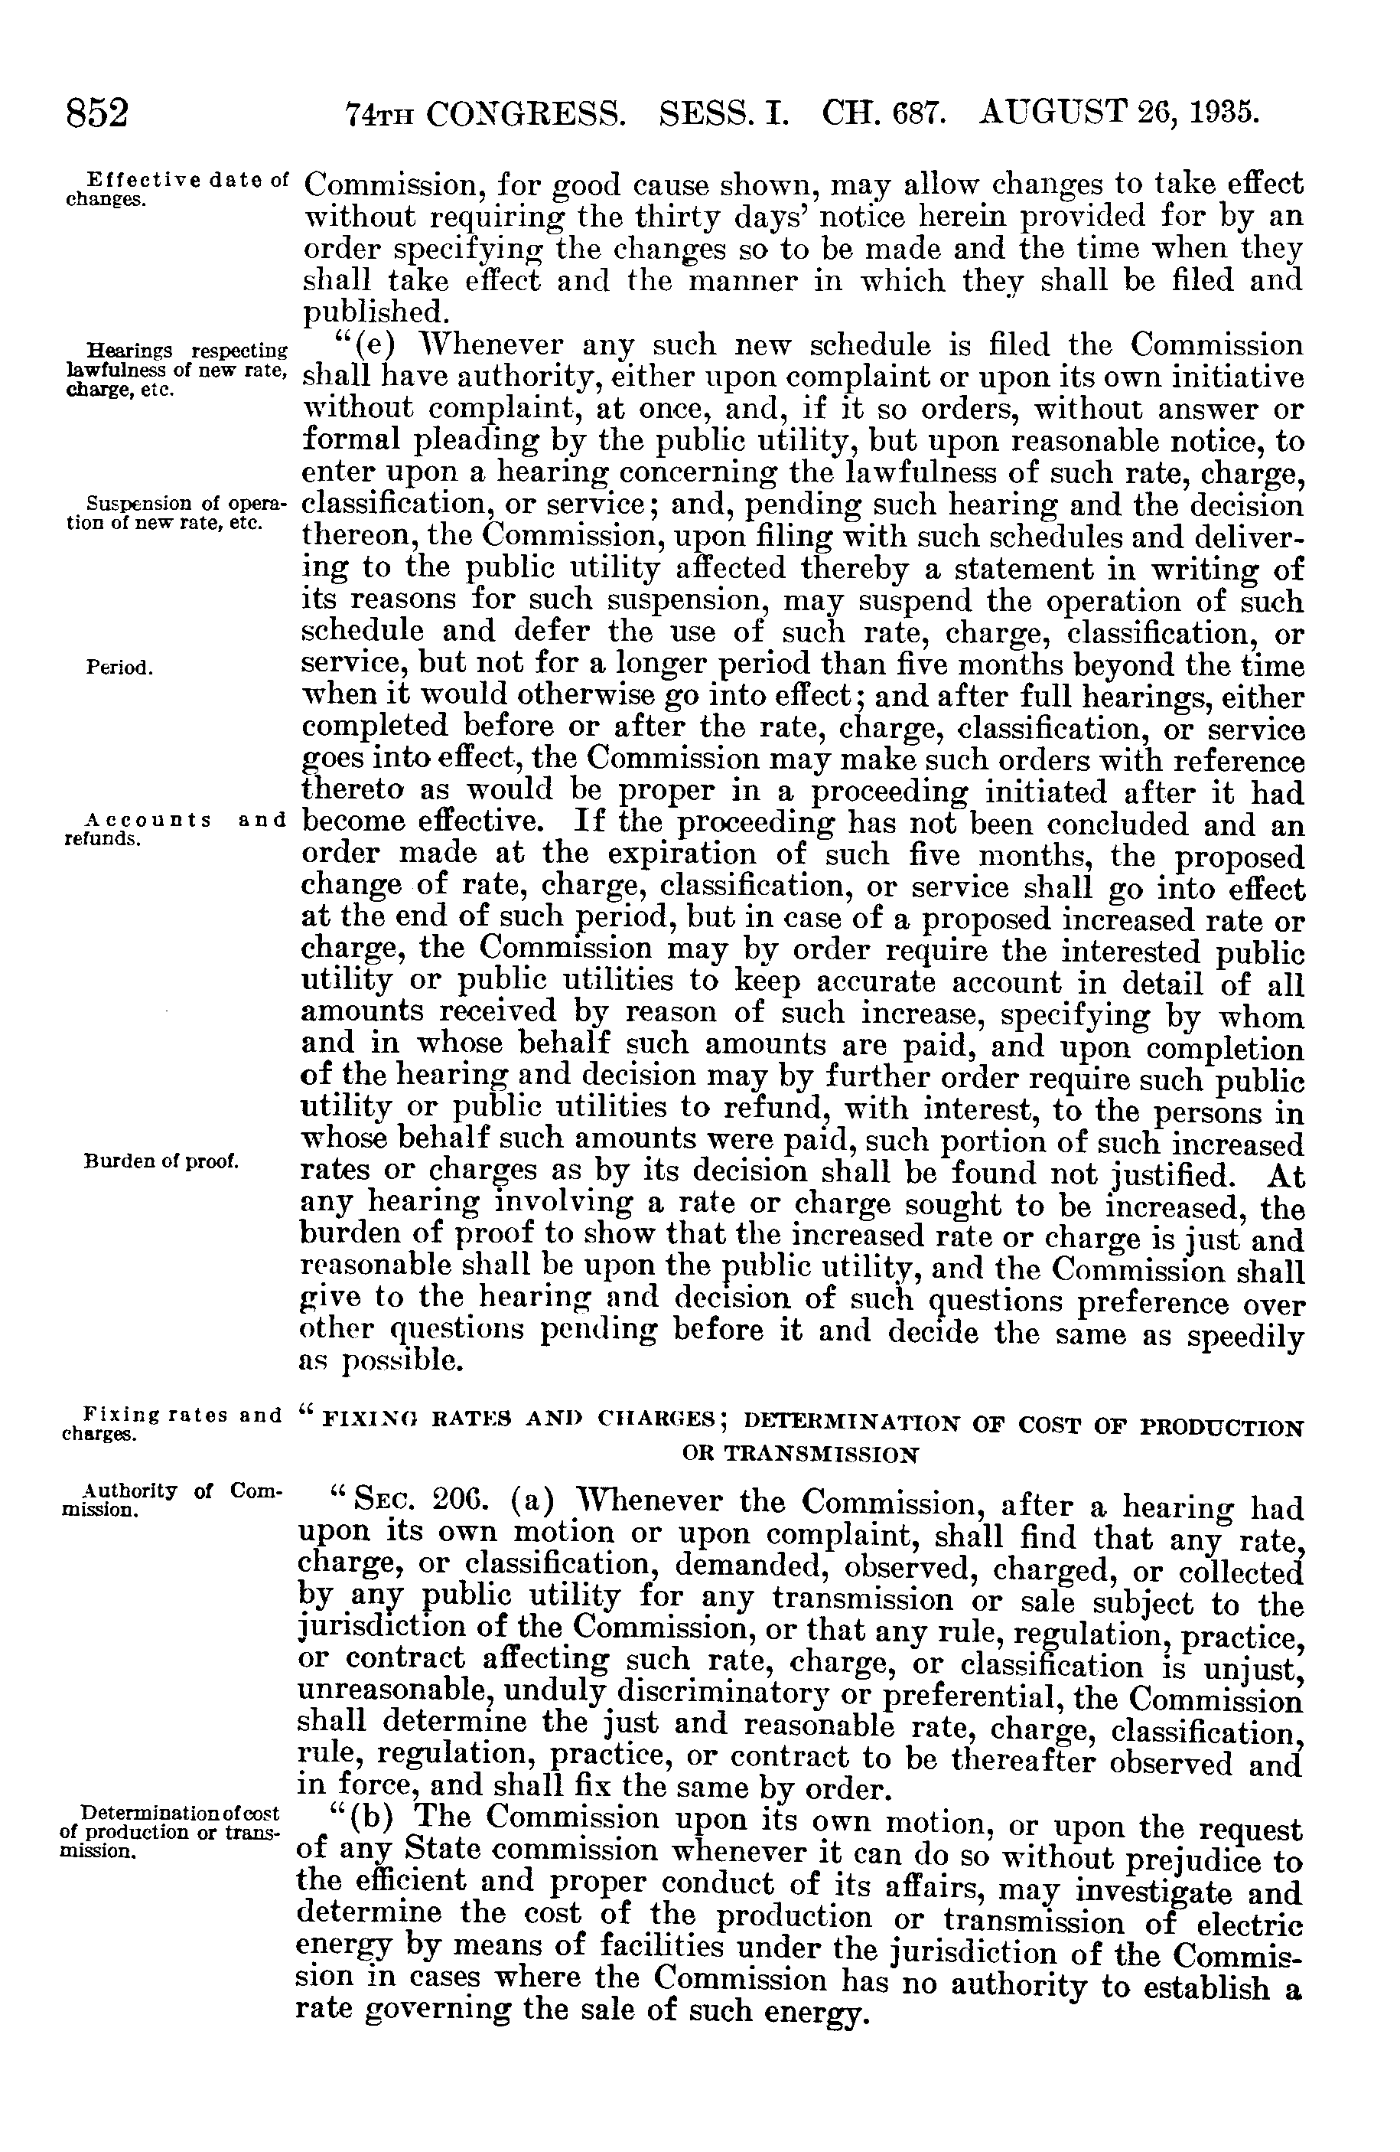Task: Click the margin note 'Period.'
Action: (x=119, y=668)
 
